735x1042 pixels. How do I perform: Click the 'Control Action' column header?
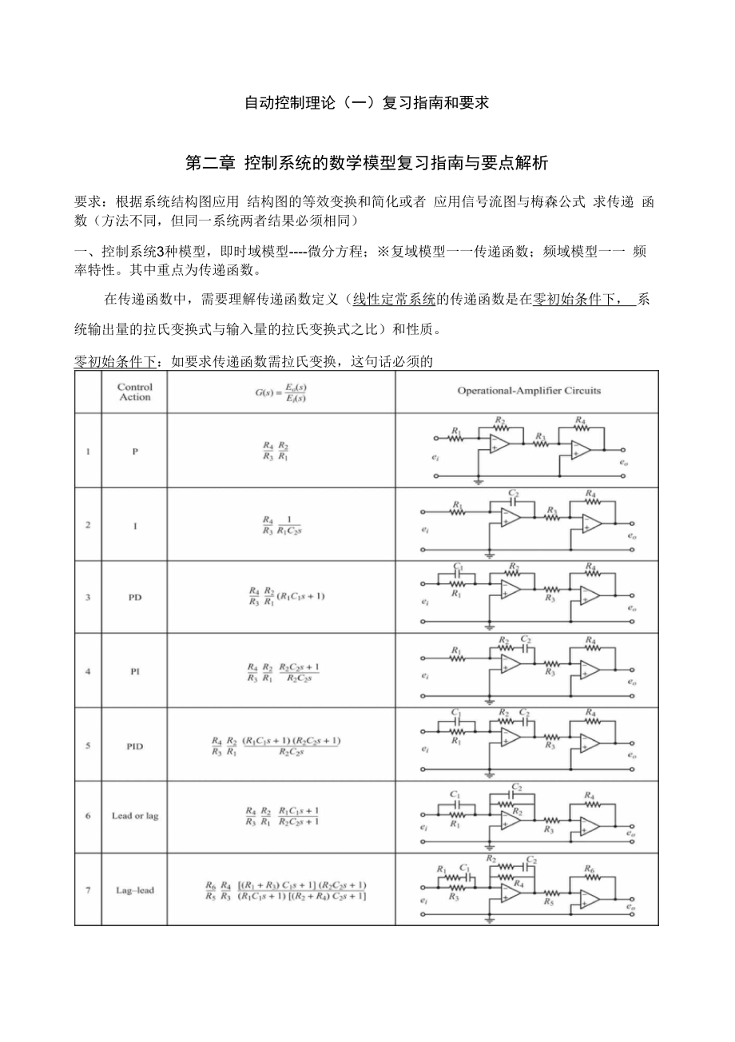click(134, 392)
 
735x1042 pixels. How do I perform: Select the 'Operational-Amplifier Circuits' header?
click(529, 391)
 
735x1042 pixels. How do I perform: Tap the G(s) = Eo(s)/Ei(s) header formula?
click(280, 392)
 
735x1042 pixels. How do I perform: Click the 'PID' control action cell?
click(134, 746)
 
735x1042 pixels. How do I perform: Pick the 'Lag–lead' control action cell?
click(134, 890)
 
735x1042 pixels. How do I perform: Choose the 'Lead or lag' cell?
click(134, 817)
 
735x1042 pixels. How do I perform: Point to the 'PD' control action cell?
click(134, 597)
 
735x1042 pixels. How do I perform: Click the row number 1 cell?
click(88, 451)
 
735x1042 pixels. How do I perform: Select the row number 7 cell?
click(88, 890)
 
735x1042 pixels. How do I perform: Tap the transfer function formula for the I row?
click(280, 525)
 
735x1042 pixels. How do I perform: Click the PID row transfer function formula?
click(276, 746)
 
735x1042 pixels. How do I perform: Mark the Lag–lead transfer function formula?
click(285, 890)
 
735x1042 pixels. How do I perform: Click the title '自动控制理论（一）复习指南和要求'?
click(366, 103)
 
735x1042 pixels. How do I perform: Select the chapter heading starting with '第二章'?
click(367, 163)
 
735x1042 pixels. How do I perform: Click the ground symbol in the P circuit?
click(479, 481)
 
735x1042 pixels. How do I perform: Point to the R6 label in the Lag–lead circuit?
click(590, 868)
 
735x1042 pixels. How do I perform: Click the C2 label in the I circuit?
click(514, 493)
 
